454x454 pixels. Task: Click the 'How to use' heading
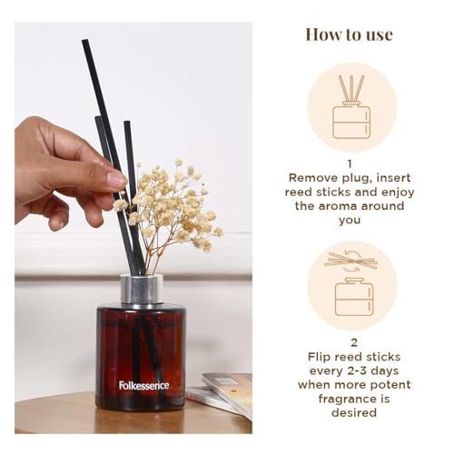(349, 35)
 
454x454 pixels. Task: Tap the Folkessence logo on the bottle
(143, 386)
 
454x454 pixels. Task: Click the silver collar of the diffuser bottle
(142, 289)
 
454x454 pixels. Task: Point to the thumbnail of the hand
(116, 180)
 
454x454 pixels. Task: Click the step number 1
(350, 164)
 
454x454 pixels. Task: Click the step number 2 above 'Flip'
(354, 342)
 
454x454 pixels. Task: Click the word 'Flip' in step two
(318, 357)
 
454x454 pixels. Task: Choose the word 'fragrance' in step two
(344, 400)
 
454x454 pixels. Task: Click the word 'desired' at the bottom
(354, 412)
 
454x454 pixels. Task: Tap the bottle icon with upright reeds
(351, 106)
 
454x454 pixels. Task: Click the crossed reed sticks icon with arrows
(351, 261)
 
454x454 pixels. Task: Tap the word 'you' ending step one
(350, 221)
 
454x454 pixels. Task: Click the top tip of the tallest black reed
(84, 40)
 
